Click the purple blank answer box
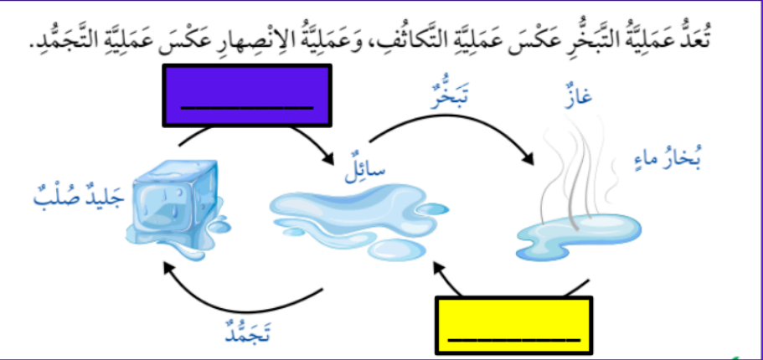point(247,95)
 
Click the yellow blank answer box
point(514,326)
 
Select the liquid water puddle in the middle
point(359,220)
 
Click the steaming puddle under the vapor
point(579,235)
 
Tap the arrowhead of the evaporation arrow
point(528,159)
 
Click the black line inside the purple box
point(247,107)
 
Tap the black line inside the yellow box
point(514,340)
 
